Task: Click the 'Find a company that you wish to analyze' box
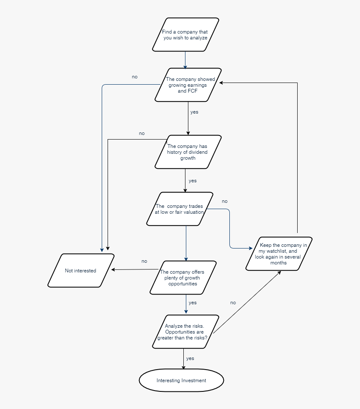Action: [x=185, y=35]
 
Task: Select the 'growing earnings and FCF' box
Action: [x=188, y=85]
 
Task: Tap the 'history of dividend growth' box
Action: [x=188, y=152]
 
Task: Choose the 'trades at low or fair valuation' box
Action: [x=180, y=209]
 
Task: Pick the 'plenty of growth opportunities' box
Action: [x=183, y=277]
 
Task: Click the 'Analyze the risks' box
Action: [x=185, y=331]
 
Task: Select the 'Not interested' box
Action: [x=81, y=270]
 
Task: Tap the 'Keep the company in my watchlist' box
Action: [x=279, y=254]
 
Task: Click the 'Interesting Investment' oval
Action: [x=181, y=381]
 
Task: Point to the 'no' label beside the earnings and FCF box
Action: [x=135, y=77]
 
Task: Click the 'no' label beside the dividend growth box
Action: [x=142, y=133]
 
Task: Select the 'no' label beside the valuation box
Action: [x=224, y=201]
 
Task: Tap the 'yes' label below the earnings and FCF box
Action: [x=194, y=112]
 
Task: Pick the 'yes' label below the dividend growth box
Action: [x=193, y=181]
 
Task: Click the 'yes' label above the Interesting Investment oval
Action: [x=190, y=358]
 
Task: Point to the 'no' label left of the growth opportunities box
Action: [x=144, y=261]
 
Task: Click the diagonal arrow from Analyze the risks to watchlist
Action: [x=247, y=302]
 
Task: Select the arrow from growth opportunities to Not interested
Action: [x=135, y=269]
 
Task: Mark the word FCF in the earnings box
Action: [x=193, y=91]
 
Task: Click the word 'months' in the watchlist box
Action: [x=278, y=263]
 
